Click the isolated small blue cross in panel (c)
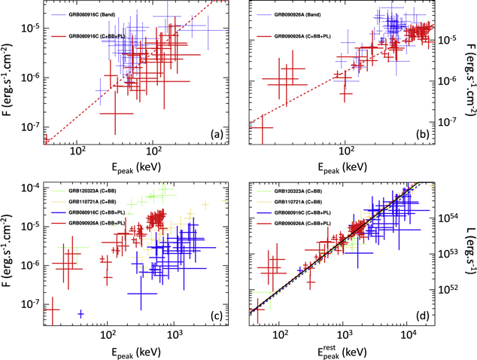[x=81, y=313]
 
